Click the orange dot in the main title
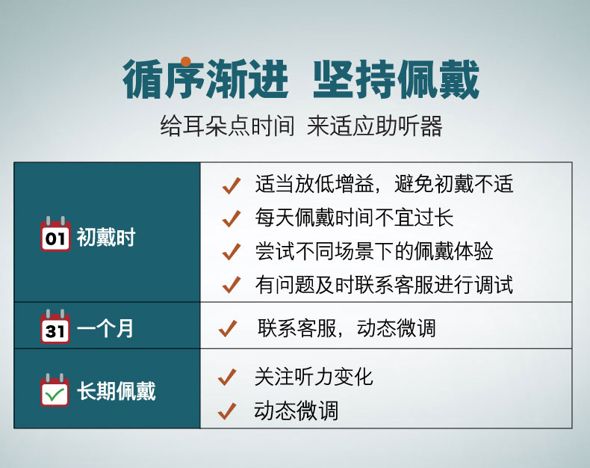click(185, 62)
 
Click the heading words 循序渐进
click(205, 79)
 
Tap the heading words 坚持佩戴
click(396, 79)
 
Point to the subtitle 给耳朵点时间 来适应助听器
click(301, 126)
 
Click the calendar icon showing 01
click(55, 234)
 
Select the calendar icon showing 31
click(55, 327)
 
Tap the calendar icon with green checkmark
click(55, 390)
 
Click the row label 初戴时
click(106, 238)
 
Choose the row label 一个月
click(105, 328)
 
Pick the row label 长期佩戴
click(117, 391)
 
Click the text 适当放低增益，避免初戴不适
click(384, 184)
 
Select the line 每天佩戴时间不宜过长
click(354, 218)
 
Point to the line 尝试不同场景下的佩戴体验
click(374, 251)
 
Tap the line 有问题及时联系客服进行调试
click(384, 285)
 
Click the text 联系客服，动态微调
click(347, 328)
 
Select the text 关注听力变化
click(314, 377)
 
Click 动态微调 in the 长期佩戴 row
click(296, 410)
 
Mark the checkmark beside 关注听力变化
click(227, 377)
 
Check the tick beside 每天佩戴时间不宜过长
click(232, 218)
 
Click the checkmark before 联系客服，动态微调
click(228, 328)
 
